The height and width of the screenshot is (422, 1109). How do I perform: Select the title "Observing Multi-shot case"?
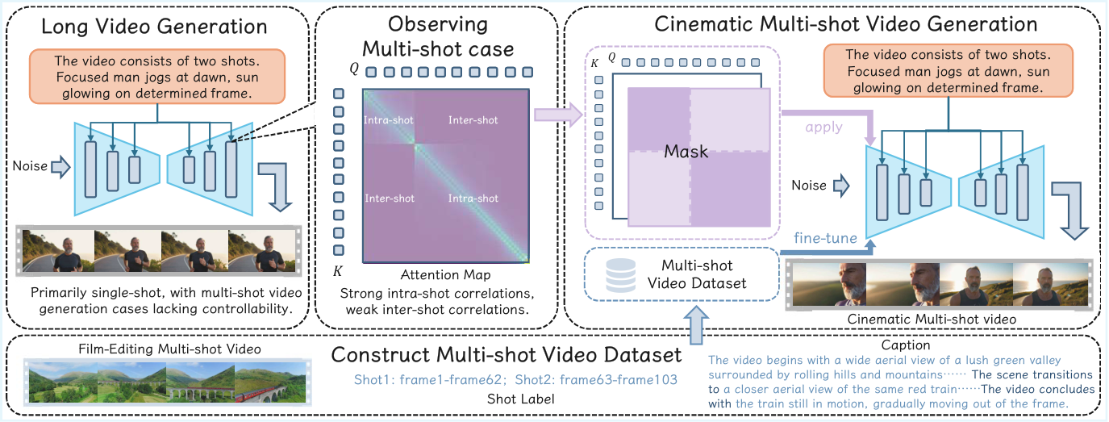[x=437, y=36]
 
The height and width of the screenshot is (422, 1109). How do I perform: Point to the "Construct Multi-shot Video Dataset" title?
[x=507, y=355]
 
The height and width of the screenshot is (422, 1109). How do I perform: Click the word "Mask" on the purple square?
[x=686, y=151]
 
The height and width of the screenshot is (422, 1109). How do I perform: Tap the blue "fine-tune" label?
[x=823, y=238]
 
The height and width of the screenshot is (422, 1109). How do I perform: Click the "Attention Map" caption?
[x=444, y=275]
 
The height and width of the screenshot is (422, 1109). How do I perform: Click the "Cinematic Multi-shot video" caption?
[x=932, y=320]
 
